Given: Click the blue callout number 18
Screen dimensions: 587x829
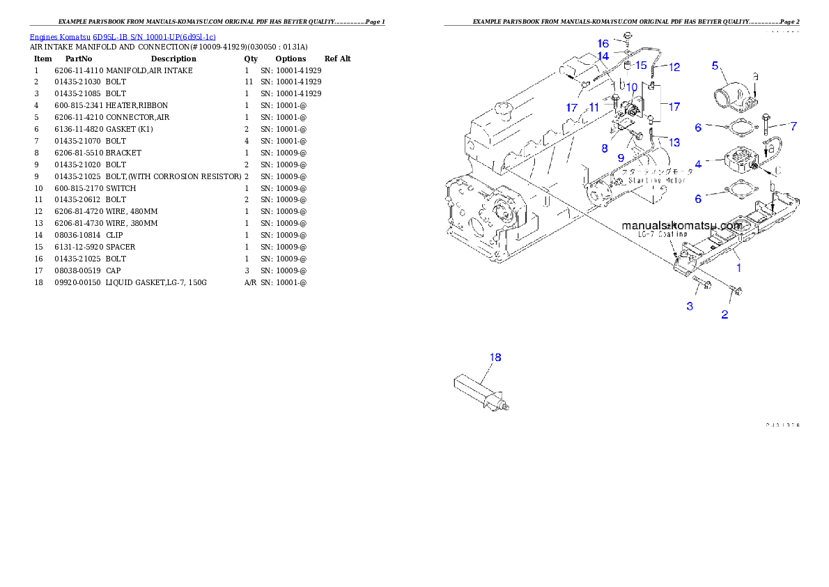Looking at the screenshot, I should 495,358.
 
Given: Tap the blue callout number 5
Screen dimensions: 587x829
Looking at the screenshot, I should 715,66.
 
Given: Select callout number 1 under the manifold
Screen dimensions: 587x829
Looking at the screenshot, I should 738,267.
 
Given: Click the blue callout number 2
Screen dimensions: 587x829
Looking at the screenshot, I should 725,315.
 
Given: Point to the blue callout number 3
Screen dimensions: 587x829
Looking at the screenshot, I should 690,306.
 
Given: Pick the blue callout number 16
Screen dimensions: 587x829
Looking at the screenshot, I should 603,43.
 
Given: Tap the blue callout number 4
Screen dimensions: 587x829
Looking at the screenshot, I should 698,165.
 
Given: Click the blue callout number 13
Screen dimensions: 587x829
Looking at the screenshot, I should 674,142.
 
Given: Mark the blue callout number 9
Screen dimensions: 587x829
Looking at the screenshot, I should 621,158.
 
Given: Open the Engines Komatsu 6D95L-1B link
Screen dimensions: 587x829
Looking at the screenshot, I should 123,36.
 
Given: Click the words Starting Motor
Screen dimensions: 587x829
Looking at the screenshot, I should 657,180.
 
